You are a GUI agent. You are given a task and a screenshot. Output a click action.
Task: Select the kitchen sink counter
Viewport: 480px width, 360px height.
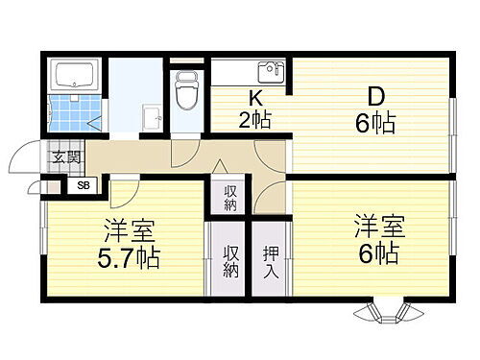[x=250, y=73]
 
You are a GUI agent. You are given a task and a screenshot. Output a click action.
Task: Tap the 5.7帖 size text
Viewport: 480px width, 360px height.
[x=130, y=257]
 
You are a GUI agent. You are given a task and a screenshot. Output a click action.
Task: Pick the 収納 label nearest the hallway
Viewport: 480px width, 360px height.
[x=230, y=198]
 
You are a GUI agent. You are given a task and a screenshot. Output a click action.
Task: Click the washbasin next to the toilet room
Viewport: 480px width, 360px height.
[x=152, y=116]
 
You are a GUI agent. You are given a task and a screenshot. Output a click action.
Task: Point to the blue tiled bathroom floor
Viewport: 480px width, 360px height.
[x=70, y=114]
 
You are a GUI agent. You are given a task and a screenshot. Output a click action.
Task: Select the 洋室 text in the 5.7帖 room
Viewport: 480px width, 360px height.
[x=128, y=231]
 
